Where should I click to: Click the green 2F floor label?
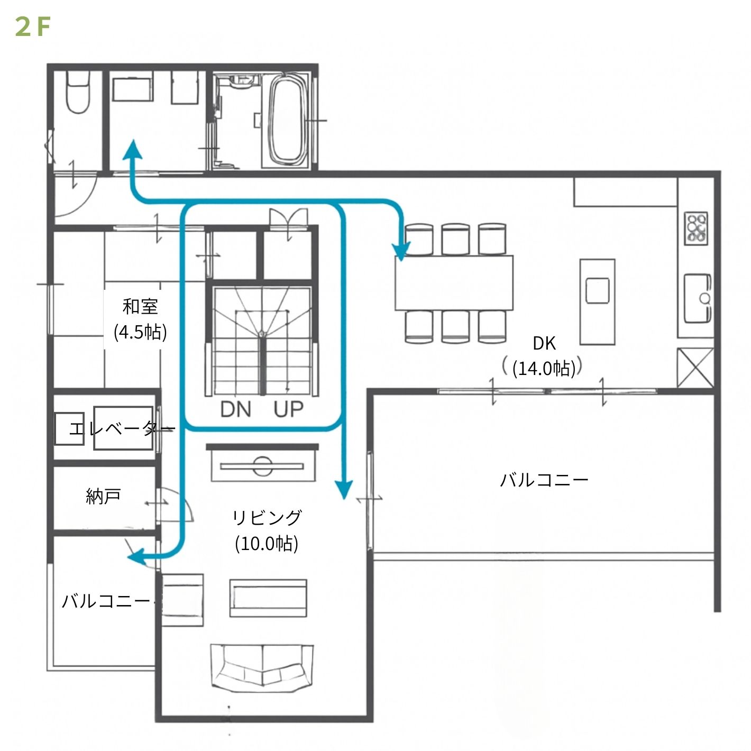pos(33,28)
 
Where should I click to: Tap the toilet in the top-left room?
pos(78,92)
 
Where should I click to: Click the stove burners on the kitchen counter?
pos(697,228)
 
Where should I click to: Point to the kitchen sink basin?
pos(698,298)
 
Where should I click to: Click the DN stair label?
pos(235,410)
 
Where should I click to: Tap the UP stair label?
pos(288,410)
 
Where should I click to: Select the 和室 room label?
pos(140,307)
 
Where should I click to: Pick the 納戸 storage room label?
pos(103,497)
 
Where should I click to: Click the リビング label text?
pos(267,518)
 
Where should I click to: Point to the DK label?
pos(544,343)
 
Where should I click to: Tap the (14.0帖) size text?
pos(544,368)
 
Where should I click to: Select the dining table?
pos(454,283)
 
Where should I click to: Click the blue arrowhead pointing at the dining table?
pos(401,251)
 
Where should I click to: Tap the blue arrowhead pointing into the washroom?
pos(133,149)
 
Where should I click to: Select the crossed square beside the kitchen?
pos(695,368)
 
